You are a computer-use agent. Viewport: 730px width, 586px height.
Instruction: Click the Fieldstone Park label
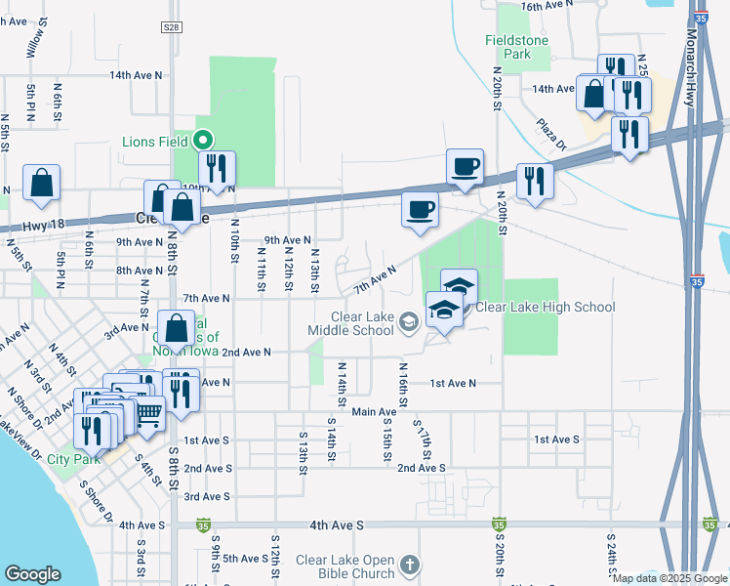coord(522,47)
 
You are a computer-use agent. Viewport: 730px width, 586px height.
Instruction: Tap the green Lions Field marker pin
coord(204,141)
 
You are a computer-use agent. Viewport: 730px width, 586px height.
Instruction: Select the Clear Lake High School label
coord(545,307)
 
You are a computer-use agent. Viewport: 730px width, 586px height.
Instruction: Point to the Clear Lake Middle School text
coord(361,323)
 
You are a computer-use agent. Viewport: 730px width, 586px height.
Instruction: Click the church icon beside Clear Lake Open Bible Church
coord(411,565)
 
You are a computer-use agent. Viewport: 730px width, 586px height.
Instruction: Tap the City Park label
coord(73,459)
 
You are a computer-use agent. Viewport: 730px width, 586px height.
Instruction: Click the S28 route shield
coord(172,29)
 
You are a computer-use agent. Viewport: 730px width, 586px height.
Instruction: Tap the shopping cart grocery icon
coord(148,414)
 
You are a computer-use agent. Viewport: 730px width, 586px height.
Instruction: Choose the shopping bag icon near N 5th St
coord(42,183)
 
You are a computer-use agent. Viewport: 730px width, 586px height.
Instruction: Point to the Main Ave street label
coord(375,412)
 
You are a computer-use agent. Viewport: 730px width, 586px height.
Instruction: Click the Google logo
coord(32,574)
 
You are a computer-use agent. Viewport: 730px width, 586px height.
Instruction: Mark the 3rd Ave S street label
coord(207,497)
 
